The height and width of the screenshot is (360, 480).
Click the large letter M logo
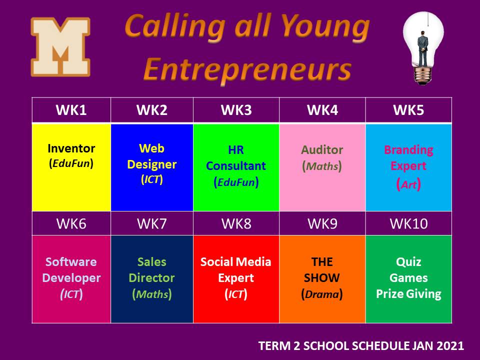click(60, 47)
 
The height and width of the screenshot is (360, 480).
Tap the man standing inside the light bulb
click(423, 48)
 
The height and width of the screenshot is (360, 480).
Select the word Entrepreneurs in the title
click(247, 70)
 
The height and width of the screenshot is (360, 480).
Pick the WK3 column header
click(236, 110)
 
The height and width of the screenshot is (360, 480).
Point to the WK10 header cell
click(408, 224)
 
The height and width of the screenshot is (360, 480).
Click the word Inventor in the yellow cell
click(71, 148)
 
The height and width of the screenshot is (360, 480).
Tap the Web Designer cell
click(152, 167)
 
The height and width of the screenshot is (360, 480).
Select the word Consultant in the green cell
click(236, 166)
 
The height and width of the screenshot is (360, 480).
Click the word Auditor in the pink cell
click(322, 150)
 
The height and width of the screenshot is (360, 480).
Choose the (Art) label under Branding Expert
click(408, 184)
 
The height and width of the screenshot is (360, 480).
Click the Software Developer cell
click(71, 279)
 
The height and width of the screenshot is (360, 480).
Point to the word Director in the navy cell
click(152, 278)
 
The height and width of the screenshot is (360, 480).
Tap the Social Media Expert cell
click(236, 279)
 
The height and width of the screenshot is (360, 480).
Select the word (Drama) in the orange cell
click(322, 294)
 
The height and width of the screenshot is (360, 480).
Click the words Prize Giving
click(408, 294)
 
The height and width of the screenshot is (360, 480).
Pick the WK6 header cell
click(71, 224)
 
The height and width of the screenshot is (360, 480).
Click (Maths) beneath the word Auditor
click(322, 166)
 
